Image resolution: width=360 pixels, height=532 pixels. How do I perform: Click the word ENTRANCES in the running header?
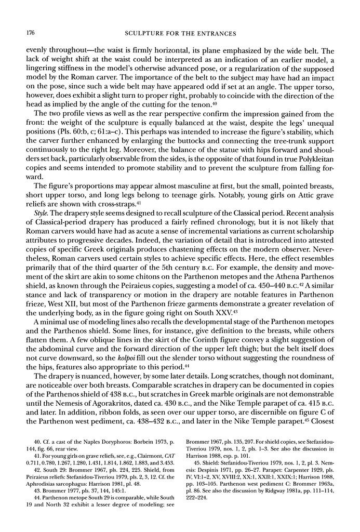[215, 34]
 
